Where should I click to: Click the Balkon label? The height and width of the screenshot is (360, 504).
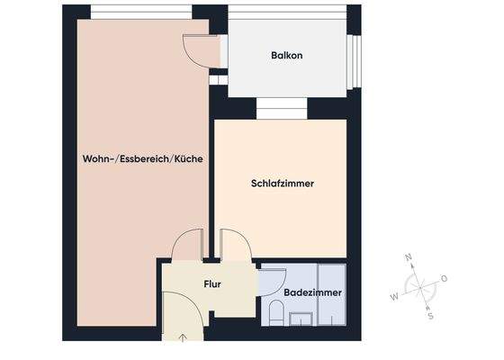(x=286, y=56)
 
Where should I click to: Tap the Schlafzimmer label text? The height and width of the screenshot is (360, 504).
(x=288, y=184)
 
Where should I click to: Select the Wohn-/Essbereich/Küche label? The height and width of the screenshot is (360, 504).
(x=141, y=158)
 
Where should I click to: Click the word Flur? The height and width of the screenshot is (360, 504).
(x=212, y=284)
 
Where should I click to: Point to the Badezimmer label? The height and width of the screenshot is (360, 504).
(x=312, y=293)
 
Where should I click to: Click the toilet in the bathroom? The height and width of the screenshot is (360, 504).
(x=276, y=313)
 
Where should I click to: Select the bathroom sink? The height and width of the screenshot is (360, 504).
(x=301, y=316)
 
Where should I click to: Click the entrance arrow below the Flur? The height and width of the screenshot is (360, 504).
(x=184, y=338)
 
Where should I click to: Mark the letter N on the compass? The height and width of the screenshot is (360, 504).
(x=409, y=258)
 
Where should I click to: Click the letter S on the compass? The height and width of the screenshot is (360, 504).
(x=430, y=316)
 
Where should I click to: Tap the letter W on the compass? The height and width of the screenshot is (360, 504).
(x=393, y=296)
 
